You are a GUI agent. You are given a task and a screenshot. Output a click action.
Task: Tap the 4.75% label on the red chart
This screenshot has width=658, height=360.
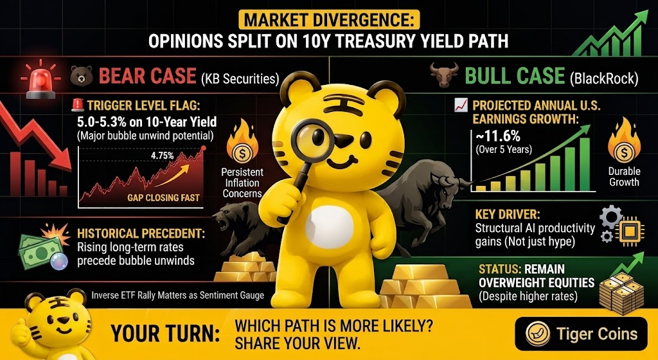pos(163,156)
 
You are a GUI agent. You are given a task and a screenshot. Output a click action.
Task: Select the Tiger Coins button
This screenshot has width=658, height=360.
pos(581,334)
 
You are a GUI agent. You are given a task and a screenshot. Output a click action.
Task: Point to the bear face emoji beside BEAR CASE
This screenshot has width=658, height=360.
pos(82,76)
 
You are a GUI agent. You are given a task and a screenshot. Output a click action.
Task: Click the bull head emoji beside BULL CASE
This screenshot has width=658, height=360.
pos(444,75)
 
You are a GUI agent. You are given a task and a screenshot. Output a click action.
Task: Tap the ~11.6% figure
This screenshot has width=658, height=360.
pos(498,136)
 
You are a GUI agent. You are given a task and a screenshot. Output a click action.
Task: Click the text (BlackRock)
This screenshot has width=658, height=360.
pos(604,79)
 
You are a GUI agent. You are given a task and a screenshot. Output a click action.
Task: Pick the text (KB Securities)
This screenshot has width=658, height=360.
pos(240,79)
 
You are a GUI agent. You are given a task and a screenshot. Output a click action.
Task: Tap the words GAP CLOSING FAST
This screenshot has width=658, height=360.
pos(164,197)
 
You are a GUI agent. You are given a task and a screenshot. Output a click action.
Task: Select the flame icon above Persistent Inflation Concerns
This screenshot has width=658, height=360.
pos(242,142)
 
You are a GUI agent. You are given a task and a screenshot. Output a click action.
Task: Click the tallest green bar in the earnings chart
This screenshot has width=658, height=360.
pos(584,165)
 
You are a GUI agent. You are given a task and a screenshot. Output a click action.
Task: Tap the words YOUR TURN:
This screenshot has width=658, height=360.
pos(165,334)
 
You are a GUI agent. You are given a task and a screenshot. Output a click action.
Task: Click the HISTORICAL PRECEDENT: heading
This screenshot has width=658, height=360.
pos(141,234)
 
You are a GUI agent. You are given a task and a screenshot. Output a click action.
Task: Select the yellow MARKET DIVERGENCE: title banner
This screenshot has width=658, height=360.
pos(328,20)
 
